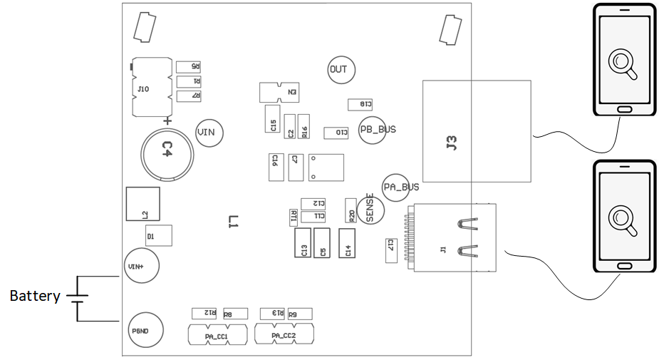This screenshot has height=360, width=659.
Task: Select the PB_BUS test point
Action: click(373, 130)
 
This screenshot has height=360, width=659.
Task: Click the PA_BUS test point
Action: click(397, 187)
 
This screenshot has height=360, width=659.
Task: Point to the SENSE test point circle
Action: click(370, 208)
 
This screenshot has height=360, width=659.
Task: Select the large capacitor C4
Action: click(167, 150)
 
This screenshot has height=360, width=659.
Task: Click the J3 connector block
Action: click(476, 130)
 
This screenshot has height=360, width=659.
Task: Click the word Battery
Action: click(34, 296)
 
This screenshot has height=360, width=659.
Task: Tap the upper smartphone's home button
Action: click(625, 109)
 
